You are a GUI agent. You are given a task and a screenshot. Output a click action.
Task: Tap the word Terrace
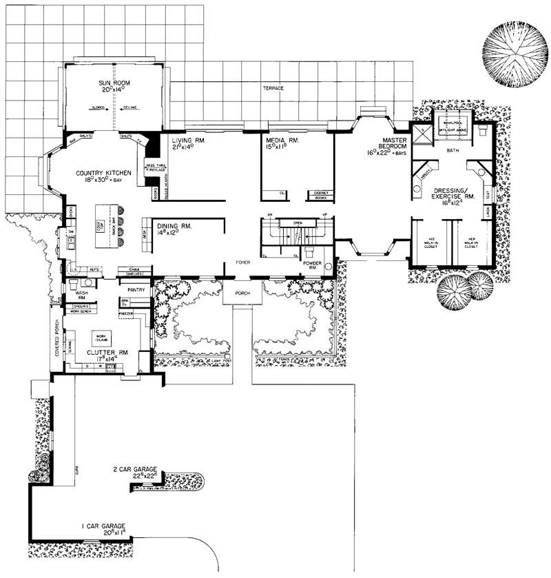(273, 88)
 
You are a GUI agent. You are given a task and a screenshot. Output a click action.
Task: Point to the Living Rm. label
(189, 143)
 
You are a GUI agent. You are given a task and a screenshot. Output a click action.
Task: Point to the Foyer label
(242, 262)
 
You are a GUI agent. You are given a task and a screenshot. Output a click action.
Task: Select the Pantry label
(136, 291)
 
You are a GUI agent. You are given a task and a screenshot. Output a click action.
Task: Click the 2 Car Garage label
(137, 473)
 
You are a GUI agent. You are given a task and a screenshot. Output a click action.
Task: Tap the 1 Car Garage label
(103, 529)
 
